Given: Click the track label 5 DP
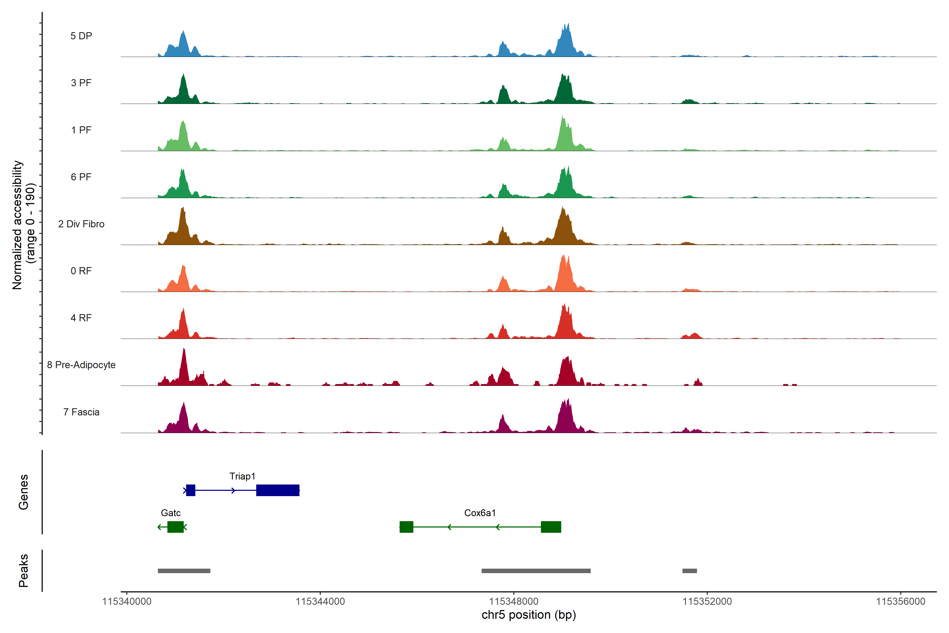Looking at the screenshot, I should pos(81,36).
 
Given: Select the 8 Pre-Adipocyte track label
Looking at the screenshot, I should pos(81,365).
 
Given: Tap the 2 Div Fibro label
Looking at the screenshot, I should pos(81,224).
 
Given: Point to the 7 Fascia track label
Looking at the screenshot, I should pos(81,412).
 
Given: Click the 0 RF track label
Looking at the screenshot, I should pos(81,271).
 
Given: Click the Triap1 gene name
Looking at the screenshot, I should pos(242,476).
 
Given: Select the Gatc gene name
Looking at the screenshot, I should pos(171,513).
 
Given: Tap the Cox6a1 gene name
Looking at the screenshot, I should pos(480,513).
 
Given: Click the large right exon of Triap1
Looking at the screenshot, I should pos(278,490).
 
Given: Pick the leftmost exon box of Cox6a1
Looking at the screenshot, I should pos(406,527).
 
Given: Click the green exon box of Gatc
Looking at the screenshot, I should pos(176,527).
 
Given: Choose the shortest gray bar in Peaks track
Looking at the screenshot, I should pos(690,571).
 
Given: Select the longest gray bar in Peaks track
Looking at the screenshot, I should pos(536,571).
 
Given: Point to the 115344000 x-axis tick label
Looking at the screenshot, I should pos(320,602).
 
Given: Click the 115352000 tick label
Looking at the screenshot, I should pos(707,602).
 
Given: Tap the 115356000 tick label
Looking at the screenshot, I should pos(900,602).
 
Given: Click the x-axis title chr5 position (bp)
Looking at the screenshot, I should pos(529,615).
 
